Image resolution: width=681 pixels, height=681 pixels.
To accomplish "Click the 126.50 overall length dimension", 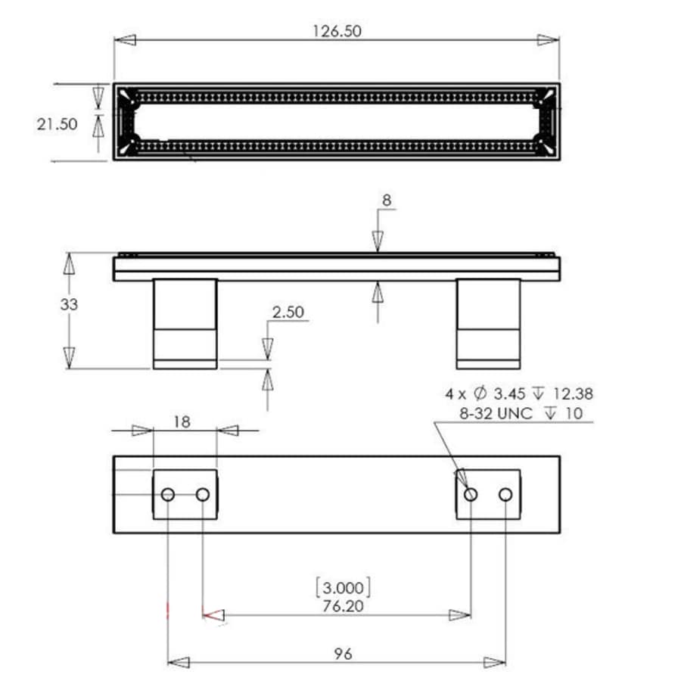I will tap(337, 30).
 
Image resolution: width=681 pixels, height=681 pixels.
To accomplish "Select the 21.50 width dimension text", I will tap(58, 124).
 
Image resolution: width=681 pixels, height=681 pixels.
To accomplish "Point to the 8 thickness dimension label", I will tap(386, 201).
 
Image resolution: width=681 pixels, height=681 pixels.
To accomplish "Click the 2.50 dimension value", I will tap(288, 312).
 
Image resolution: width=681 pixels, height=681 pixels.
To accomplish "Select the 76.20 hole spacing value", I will tap(342, 605).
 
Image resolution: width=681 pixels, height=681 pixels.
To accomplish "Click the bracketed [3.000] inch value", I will tap(342, 587).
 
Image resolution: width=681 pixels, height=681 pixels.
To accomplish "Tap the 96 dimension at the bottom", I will tap(342, 653).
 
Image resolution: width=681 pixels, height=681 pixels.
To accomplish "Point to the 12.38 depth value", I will tap(571, 393).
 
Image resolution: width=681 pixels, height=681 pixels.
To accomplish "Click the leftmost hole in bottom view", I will tap(168, 494).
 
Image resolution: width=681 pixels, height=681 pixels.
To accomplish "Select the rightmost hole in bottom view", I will tap(505, 494).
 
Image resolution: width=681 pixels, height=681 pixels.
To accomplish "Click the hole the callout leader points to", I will tap(471, 494).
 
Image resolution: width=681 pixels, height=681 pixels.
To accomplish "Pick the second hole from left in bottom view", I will tap(202, 494).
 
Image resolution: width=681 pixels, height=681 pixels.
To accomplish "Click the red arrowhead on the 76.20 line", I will tap(215, 616).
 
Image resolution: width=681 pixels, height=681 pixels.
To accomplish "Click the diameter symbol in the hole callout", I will tap(479, 393).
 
